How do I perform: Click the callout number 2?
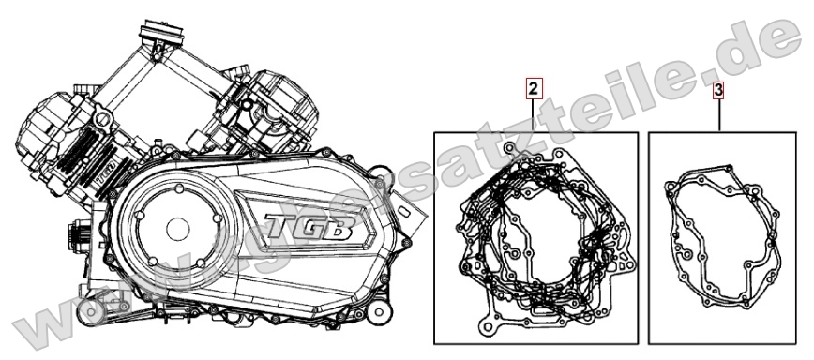533,90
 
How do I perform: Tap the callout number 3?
718,91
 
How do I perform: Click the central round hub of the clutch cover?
177,230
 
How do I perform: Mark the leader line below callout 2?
533,116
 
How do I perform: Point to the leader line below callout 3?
718,116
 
